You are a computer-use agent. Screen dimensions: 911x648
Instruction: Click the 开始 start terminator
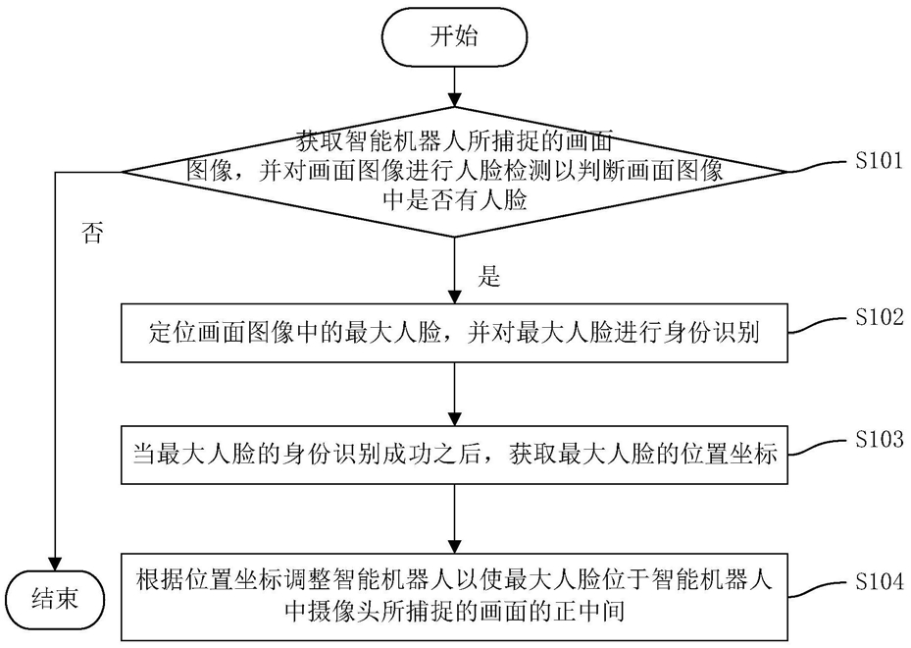point(454,36)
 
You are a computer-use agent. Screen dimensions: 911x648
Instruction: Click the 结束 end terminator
point(55,600)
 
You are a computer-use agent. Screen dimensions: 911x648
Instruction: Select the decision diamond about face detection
point(454,172)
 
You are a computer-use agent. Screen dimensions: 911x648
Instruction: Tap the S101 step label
point(879,161)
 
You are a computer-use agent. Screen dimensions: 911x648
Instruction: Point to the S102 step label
point(879,317)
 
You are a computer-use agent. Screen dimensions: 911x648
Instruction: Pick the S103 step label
point(879,439)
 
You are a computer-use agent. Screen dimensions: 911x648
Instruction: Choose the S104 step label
point(879,581)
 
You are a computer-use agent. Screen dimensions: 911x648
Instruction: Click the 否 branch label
point(93,233)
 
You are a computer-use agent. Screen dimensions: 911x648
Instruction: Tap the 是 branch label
point(488,277)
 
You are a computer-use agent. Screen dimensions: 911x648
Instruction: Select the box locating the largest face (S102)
point(454,333)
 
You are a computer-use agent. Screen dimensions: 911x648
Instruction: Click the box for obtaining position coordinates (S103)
point(454,455)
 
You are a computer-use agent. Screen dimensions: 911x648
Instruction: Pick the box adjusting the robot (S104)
point(454,597)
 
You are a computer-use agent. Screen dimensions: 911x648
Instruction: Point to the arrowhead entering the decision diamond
point(454,99)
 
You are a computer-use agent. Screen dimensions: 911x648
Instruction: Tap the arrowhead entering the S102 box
point(454,297)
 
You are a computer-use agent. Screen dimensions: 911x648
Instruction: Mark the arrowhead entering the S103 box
point(454,418)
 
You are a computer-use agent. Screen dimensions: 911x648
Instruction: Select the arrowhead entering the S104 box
point(454,546)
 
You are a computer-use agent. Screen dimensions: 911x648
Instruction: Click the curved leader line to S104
point(818,589)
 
